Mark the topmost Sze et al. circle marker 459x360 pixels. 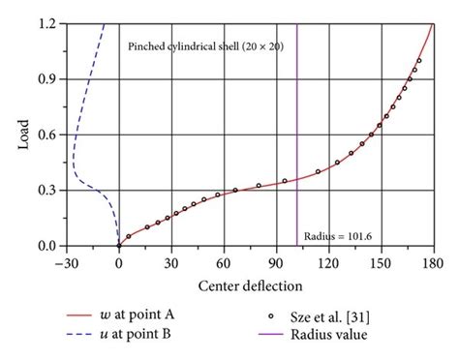pyautogui.click(x=419, y=60)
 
